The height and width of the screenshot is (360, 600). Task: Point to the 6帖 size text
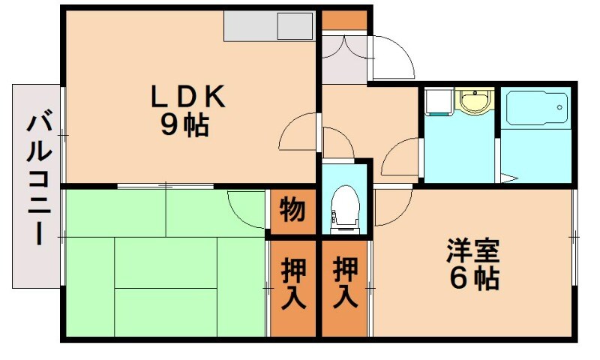[x=474, y=278]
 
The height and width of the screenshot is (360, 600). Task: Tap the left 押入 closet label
[x=292, y=283]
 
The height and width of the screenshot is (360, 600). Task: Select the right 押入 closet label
[x=344, y=283]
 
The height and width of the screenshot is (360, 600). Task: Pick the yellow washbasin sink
[x=473, y=100]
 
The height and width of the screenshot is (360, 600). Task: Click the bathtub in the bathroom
[x=535, y=109]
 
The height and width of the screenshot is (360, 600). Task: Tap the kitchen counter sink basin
[x=294, y=27]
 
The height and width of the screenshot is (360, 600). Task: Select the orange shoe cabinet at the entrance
[x=344, y=19]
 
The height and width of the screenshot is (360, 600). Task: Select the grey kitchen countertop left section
[x=250, y=27]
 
